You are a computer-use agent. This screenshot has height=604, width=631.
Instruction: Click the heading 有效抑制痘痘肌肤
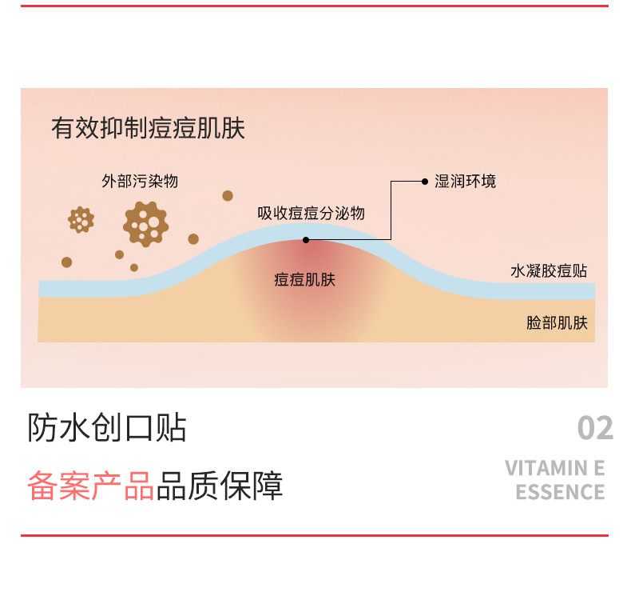148,129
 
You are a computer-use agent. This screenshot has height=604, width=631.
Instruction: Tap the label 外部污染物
140,182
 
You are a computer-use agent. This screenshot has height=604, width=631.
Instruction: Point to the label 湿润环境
465,182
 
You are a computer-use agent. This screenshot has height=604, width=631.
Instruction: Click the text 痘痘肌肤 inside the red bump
304,279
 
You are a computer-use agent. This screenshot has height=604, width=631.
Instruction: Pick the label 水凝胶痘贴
549,272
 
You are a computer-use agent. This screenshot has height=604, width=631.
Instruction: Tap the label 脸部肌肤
557,323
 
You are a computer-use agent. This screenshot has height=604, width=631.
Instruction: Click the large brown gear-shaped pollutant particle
145,224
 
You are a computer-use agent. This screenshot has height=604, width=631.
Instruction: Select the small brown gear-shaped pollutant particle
81,219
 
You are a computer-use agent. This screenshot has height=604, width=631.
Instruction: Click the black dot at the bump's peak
306,239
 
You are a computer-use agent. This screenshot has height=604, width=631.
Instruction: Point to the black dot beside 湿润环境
425,182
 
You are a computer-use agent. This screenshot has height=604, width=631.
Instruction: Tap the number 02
595,429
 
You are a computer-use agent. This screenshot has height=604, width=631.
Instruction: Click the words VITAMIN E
555,469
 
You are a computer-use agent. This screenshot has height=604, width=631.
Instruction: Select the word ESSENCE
560,492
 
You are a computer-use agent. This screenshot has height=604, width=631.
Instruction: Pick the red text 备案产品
90,486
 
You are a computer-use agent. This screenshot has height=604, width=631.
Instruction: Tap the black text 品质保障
220,486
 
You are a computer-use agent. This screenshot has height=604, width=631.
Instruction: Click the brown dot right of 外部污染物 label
228,195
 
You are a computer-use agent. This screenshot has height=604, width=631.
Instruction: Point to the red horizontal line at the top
315,6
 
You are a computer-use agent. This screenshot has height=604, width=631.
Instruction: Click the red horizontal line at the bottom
315,535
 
